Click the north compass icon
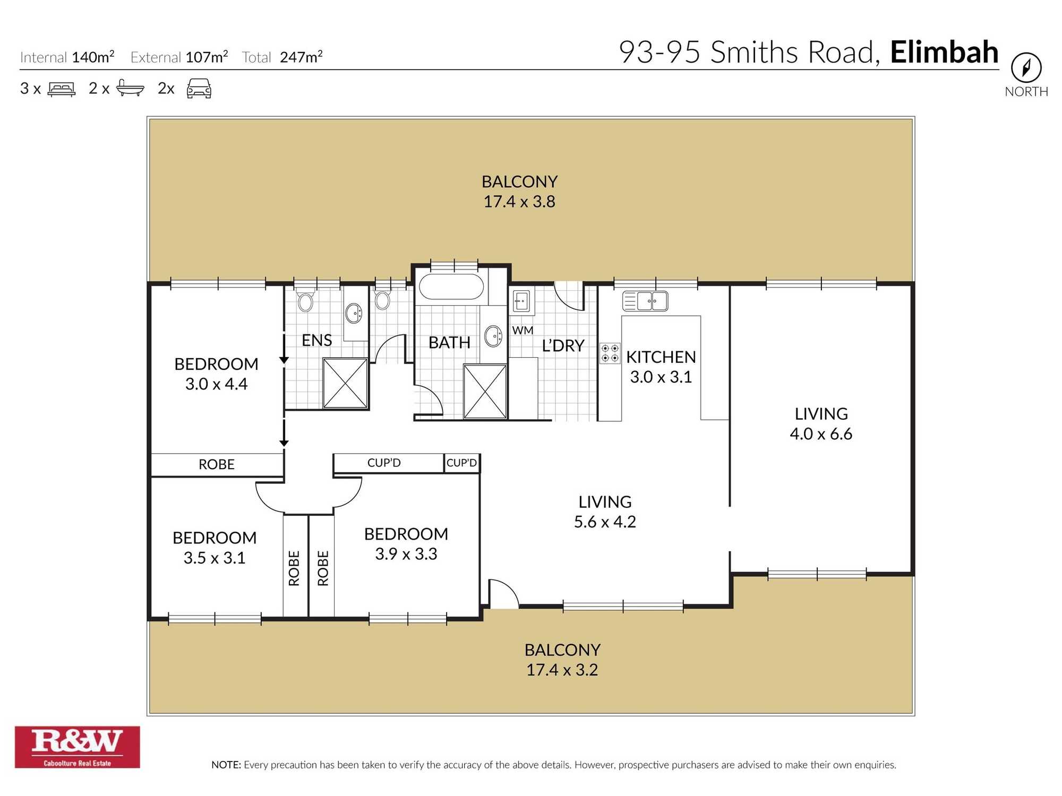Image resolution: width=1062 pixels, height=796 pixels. coord(1026,68)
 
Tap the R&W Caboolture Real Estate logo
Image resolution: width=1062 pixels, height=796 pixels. coord(78,747)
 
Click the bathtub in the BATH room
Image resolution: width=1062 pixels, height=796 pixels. coord(451,287)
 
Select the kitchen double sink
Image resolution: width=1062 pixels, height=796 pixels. coord(645,301)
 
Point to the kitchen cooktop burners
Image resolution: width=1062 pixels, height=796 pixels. coord(610,353)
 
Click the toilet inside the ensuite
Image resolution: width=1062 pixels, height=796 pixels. coord(305,301)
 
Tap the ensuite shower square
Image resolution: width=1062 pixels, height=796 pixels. coord(345,383)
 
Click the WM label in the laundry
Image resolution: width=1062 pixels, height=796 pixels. coord(523,330)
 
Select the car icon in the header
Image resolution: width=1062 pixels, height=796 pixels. coord(199,88)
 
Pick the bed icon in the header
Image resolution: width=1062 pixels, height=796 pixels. coord(62,89)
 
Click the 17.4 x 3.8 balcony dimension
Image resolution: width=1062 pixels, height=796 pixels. coord(519,202)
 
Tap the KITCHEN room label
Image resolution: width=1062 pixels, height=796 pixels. coord(661,357)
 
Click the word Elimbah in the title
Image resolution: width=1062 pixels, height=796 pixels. coord(944,52)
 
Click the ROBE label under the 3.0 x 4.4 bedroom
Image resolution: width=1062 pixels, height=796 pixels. coord(217,464)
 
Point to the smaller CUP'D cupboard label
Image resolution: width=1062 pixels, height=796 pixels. coord(461,463)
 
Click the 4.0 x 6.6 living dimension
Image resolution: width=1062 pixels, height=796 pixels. coord(820,434)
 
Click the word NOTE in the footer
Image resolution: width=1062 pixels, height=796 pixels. coord(225,765)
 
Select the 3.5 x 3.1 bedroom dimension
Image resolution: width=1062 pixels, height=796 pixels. coord(215,558)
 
